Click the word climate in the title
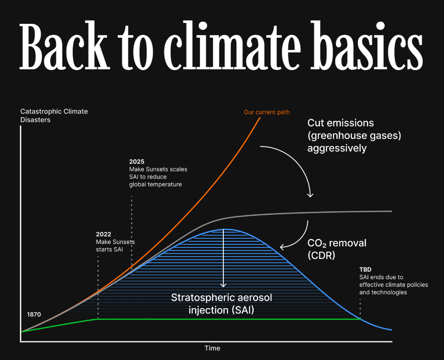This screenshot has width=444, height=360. (x=232, y=45)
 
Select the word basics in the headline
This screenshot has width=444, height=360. (x=367, y=45)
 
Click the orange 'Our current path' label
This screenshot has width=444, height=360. (x=267, y=112)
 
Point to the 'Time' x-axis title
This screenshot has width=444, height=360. (x=212, y=348)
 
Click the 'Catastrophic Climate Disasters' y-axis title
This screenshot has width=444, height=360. (x=54, y=116)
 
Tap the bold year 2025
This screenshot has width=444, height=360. (x=137, y=162)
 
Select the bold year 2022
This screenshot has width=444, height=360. (x=103, y=234)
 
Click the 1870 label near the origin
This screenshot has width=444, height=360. (x=34, y=315)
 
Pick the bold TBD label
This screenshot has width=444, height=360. (x=365, y=269)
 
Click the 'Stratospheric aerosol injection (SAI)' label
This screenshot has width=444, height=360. (x=222, y=304)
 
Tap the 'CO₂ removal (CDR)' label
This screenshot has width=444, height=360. (x=337, y=249)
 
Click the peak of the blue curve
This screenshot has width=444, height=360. (x=226, y=229)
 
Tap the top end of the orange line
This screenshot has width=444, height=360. (x=260, y=118)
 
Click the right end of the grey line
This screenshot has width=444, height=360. (x=392, y=211)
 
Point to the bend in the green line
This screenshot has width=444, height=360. (x=98, y=319)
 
